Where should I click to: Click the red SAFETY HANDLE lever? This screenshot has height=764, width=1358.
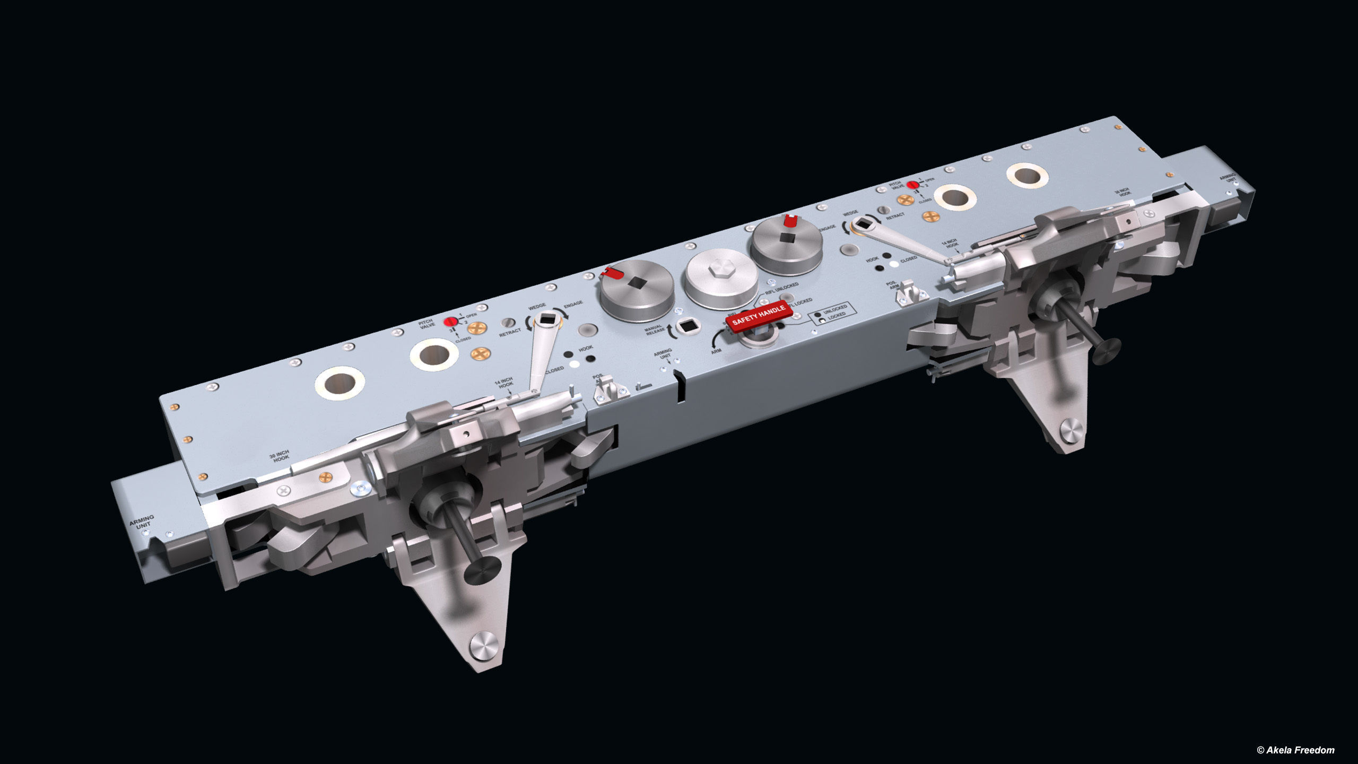[x=759, y=316]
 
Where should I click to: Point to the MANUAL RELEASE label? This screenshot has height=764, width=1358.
[x=655, y=329]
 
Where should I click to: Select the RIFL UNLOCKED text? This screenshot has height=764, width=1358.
[x=782, y=289]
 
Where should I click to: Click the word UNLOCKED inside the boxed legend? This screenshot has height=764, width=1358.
[x=835, y=309]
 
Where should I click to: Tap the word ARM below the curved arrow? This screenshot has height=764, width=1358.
[x=716, y=351]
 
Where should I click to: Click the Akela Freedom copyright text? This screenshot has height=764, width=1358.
[x=1295, y=750]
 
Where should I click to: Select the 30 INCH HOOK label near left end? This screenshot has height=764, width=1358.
[x=280, y=456]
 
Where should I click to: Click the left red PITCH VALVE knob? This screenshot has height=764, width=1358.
[x=450, y=322]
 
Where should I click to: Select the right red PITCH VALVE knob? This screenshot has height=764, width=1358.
[x=912, y=185]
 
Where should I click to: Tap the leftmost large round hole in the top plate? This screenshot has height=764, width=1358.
[x=339, y=382]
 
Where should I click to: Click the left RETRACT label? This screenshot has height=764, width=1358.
[x=510, y=332]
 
